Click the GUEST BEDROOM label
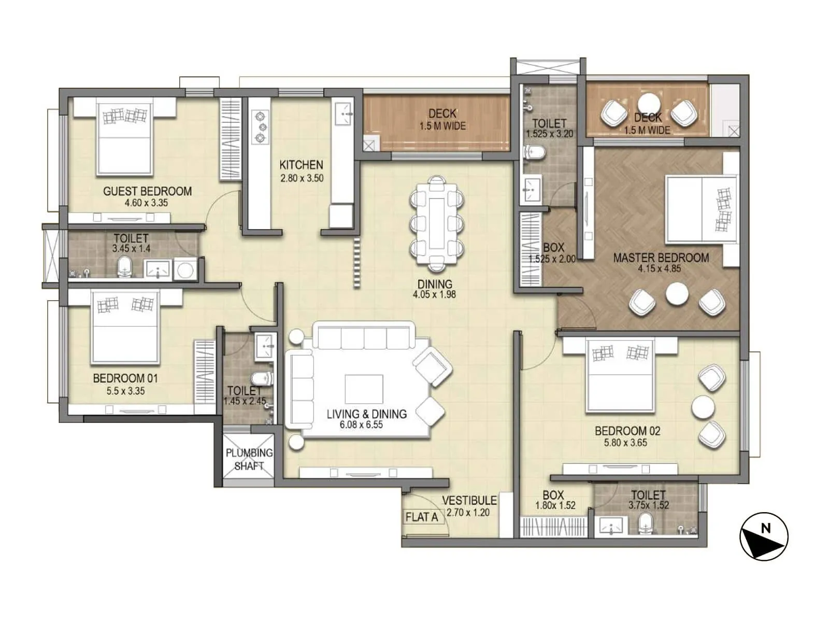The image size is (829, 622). [x=147, y=191]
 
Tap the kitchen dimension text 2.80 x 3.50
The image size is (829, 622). [x=302, y=178]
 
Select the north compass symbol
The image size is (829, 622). [x=764, y=537]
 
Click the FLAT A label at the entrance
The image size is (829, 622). [x=421, y=517]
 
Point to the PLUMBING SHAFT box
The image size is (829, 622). [x=249, y=459]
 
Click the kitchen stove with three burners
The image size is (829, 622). [x=260, y=127]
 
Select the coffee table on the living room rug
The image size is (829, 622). [x=364, y=389]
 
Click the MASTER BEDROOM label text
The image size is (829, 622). [x=661, y=258]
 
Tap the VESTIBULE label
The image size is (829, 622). [x=469, y=500]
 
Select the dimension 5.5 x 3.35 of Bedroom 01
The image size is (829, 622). [x=125, y=391]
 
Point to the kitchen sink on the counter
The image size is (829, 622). [x=344, y=114]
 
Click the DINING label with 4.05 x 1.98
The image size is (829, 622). [x=435, y=289]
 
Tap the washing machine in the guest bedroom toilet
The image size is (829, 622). [x=184, y=269]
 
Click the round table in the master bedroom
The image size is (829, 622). [x=677, y=294]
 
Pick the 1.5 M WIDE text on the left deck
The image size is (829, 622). [x=442, y=126]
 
